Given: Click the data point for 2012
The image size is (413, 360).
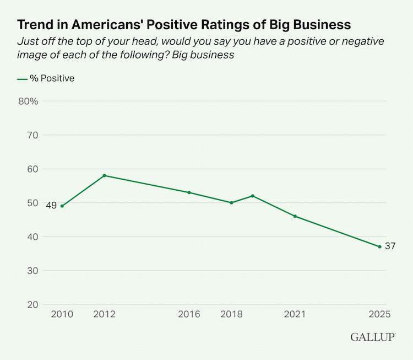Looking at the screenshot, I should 104,175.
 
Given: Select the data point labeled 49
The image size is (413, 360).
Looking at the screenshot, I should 62,206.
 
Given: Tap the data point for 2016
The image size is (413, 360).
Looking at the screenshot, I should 189,192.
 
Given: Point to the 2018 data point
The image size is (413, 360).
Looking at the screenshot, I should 231,203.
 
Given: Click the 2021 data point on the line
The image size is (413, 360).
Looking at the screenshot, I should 295,216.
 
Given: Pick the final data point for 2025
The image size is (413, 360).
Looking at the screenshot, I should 380,246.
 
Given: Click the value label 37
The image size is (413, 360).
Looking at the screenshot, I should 390,246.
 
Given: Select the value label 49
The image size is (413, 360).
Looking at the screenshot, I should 50,206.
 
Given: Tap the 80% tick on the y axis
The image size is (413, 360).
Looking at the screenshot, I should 28,101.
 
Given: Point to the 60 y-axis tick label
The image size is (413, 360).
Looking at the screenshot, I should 32,169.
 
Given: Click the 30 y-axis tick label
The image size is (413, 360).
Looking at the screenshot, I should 32,271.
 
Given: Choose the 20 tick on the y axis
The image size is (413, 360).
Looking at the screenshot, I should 32,304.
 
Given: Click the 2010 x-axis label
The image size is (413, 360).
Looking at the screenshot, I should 62,315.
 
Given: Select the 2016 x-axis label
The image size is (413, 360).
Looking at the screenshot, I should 189,315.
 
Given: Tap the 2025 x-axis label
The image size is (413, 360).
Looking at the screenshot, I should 380,315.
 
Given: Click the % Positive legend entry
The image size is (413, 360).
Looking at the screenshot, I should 46,78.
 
